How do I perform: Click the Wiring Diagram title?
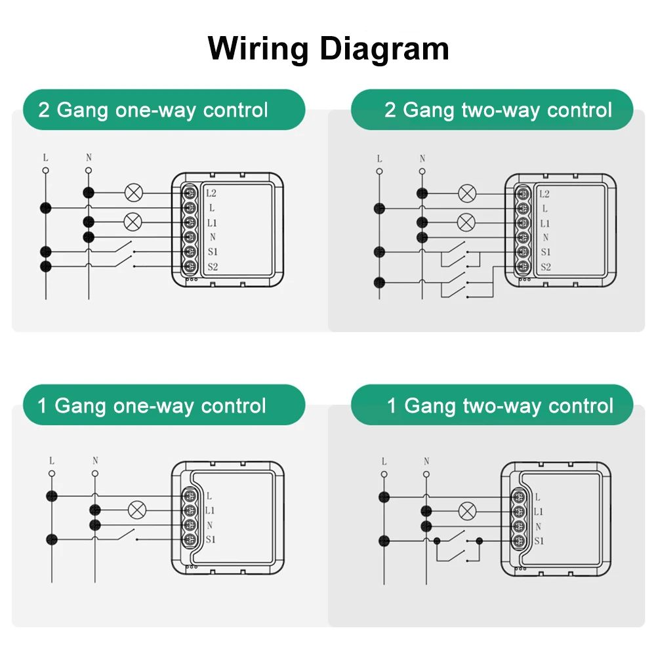click(x=328, y=49)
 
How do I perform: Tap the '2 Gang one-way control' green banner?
click(x=164, y=110)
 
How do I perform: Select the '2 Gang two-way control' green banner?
click(x=492, y=110)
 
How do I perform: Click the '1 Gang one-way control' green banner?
click(x=164, y=405)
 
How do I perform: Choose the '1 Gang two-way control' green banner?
click(x=492, y=405)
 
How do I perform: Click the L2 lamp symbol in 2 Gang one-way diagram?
click(x=134, y=193)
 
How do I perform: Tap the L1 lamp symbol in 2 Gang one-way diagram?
click(x=133, y=222)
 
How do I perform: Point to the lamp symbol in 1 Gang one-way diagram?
click(x=137, y=510)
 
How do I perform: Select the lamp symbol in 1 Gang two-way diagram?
click(x=467, y=511)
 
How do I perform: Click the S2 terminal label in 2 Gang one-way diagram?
click(x=213, y=266)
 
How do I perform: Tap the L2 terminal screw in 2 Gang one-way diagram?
click(x=190, y=193)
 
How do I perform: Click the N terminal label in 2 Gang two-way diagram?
click(x=546, y=237)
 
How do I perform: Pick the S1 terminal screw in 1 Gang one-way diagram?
click(x=190, y=539)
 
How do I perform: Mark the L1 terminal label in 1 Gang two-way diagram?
click(x=538, y=511)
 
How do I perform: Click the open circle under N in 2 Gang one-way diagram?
click(x=89, y=171)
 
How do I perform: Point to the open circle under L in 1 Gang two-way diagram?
click(x=384, y=474)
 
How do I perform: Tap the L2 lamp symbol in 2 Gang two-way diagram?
click(x=467, y=194)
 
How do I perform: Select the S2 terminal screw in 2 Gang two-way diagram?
click(x=523, y=266)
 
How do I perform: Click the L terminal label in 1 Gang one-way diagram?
click(x=209, y=496)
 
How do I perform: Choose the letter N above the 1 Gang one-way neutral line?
click(x=95, y=461)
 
